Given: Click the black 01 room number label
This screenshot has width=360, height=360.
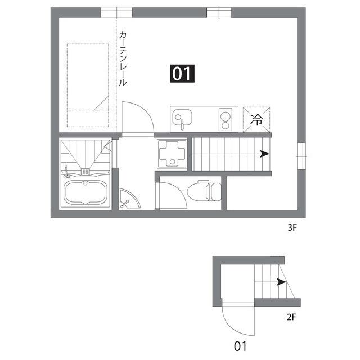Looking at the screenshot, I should click(x=182, y=74).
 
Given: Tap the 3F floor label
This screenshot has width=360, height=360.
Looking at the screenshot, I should click(x=291, y=229).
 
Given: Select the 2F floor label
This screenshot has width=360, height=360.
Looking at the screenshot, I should click(x=291, y=317).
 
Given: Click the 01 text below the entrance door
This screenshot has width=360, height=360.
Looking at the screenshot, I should click(x=240, y=346).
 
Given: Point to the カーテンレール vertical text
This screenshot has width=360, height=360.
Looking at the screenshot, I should click(x=123, y=58).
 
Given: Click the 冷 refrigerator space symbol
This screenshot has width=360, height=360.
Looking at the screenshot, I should click(x=256, y=119).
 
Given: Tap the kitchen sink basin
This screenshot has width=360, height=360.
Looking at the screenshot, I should click(x=182, y=119).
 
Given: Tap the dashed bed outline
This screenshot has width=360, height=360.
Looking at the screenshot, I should click(x=88, y=85).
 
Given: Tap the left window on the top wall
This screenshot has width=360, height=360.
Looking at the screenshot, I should click(x=116, y=12).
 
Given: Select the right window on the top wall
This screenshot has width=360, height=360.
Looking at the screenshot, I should click(x=219, y=12).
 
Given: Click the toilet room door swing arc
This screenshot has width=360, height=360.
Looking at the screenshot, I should click(x=172, y=194).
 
